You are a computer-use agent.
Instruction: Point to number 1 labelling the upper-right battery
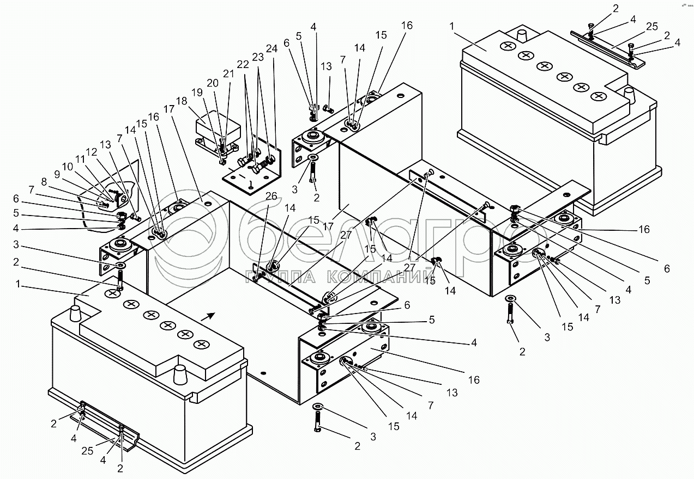pos(452,26)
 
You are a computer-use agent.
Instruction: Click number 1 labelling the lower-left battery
pos(20,284)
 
